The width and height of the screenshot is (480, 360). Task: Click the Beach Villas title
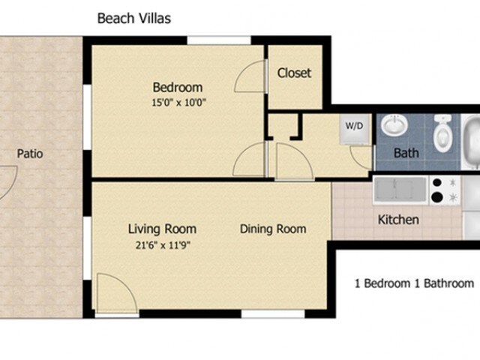pos(134,18)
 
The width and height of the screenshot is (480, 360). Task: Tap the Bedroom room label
pos(178,88)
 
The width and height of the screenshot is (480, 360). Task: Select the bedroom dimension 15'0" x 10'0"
pos(178,102)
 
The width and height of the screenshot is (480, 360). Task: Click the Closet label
pos(294,73)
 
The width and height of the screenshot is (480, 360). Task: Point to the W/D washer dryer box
pos(355,128)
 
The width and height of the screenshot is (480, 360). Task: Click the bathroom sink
pos(394,125)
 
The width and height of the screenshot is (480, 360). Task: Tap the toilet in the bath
pos(442,133)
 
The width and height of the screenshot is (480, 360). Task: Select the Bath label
pos(406,153)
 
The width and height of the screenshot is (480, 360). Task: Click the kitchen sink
pos(400,190)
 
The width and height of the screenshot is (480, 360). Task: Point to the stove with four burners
pos(445,190)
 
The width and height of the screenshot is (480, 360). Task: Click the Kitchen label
pos(398,220)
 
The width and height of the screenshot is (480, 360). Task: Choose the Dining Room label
pos(273,229)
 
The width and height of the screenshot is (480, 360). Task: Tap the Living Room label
pos(162,229)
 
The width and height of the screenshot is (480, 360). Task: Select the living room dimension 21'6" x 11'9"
pos(163,245)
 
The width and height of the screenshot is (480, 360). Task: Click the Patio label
pos(30,154)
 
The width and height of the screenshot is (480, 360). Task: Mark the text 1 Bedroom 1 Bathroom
pos(415,283)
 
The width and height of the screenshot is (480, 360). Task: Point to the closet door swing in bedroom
pos(250,76)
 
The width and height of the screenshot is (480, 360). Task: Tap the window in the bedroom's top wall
pos(219,40)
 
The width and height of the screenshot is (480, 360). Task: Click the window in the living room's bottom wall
pos(273,313)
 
